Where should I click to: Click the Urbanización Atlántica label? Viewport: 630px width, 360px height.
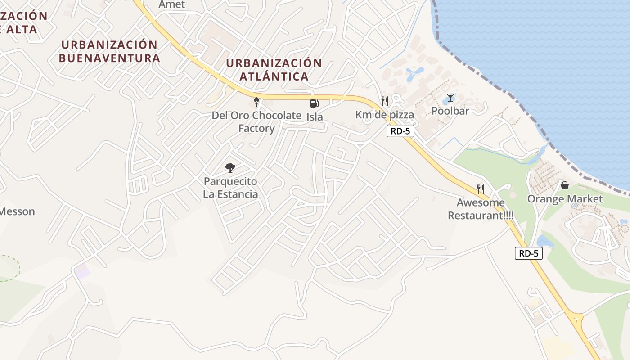[274, 70]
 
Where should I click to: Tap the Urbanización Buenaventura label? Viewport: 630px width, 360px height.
[109, 51]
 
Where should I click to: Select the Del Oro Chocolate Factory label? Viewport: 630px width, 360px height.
[256, 121]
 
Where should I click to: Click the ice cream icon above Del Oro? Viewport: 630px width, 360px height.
[256, 102]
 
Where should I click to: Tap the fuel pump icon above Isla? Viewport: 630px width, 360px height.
[314, 103]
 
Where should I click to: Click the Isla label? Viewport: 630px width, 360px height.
[315, 117]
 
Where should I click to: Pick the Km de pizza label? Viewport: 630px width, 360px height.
[384, 115]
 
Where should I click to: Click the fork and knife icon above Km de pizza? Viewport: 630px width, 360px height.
[384, 101]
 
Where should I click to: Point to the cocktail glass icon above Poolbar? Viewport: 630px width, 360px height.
[450, 98]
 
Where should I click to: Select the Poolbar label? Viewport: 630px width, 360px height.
[450, 111]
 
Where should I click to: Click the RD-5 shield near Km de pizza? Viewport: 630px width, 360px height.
[400, 131]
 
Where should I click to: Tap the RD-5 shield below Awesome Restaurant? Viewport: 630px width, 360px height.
[529, 253]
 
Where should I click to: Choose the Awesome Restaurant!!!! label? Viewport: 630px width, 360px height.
[481, 209]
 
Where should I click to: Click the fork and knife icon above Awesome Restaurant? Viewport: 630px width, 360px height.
[481, 189]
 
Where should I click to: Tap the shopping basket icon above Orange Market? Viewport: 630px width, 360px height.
[565, 185]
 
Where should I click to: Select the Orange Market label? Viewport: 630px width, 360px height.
[565, 199]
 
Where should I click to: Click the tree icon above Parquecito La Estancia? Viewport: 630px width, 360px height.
[230, 168]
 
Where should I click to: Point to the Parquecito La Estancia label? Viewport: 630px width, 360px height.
[231, 188]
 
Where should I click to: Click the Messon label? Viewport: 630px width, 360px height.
[17, 211]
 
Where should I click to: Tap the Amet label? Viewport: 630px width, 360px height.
[172, 4]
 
